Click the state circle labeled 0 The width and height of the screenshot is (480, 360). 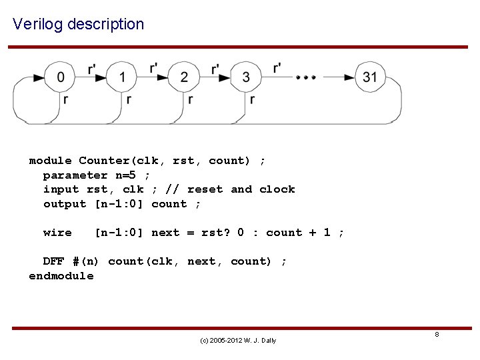[x=61, y=77]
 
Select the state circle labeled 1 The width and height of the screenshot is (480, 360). [x=123, y=77]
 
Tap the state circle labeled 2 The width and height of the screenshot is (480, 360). [x=184, y=77]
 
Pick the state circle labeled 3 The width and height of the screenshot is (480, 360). [x=246, y=77]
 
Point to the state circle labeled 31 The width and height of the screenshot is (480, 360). [x=370, y=77]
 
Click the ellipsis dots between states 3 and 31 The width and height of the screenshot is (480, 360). [x=306, y=78]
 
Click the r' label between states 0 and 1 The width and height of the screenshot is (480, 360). [x=91, y=69]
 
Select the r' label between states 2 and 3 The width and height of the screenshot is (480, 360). [x=215, y=69]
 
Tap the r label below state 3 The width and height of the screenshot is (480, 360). [x=252, y=99]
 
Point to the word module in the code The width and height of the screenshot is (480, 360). [x=50, y=161]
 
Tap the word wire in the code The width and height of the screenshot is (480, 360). [x=57, y=233]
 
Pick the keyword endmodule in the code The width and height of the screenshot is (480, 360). [x=61, y=276]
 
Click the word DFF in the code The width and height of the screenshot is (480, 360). [x=54, y=261]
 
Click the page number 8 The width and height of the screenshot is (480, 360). [x=437, y=334]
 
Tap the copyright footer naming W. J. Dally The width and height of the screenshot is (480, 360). [x=238, y=341]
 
